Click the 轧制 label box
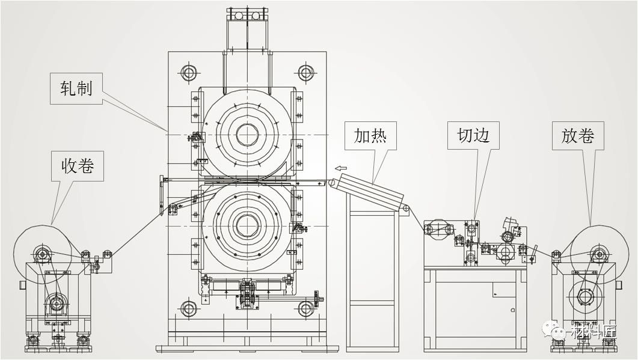(76, 88)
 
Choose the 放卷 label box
(578, 136)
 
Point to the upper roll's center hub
(247, 134)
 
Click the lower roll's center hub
(247, 226)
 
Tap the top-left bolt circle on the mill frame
(189, 73)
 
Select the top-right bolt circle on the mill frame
(306, 73)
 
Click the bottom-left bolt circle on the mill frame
(189, 309)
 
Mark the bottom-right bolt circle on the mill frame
(306, 309)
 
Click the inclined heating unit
(370, 191)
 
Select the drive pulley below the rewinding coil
(57, 302)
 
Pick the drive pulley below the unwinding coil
(585, 297)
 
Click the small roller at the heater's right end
(406, 210)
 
